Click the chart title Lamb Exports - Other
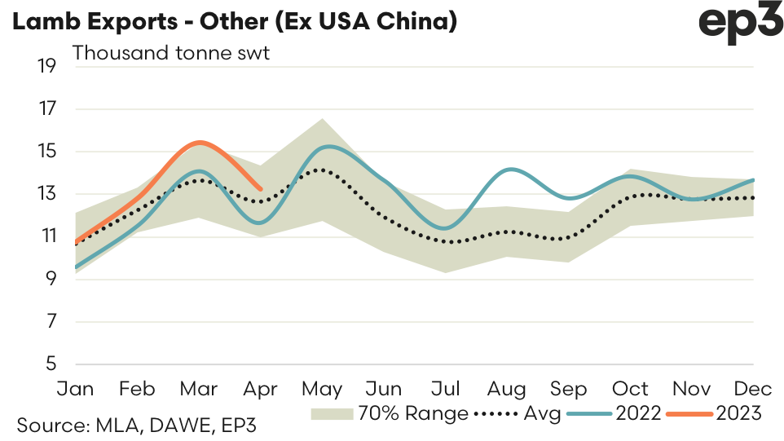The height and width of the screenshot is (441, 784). (232, 22)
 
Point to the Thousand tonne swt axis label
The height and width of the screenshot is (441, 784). (171, 54)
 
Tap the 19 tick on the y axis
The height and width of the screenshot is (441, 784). (46, 66)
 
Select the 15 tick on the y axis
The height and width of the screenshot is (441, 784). (46, 152)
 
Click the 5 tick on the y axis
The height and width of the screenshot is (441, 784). (51, 364)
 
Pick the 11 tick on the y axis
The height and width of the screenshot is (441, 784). (46, 237)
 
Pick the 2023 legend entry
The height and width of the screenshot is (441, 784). (738, 413)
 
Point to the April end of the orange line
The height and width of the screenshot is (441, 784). (260, 189)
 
